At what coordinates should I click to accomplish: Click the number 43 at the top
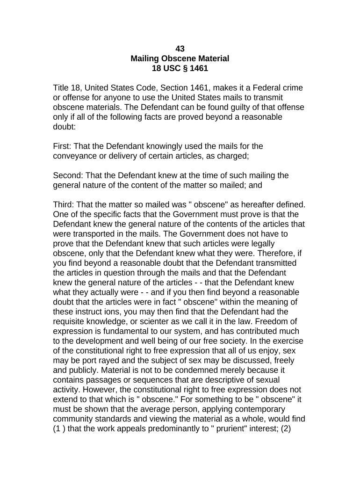180,49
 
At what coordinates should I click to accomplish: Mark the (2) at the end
285,428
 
